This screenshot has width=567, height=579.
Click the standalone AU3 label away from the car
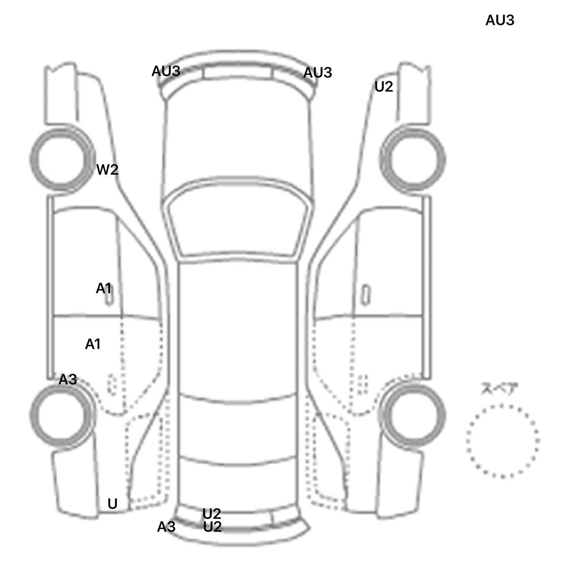point(499,20)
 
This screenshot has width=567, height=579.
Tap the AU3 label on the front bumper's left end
point(166,71)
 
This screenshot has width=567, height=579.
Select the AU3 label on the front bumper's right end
point(317,73)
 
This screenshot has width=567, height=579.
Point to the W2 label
point(107,169)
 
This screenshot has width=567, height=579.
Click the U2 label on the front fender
point(384,87)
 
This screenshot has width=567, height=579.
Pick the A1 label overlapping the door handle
point(103,288)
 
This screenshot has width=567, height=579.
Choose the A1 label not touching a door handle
point(93,344)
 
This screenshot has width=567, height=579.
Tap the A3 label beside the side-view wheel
point(68,379)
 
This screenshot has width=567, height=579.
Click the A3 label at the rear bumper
point(166,527)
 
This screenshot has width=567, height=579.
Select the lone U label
point(112,504)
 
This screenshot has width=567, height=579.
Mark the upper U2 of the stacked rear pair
point(212,514)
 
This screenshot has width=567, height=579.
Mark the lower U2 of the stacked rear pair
point(212,527)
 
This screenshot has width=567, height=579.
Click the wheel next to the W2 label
point(31,160)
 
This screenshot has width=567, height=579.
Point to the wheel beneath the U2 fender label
point(444,160)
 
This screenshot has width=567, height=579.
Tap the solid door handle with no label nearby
point(365,295)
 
